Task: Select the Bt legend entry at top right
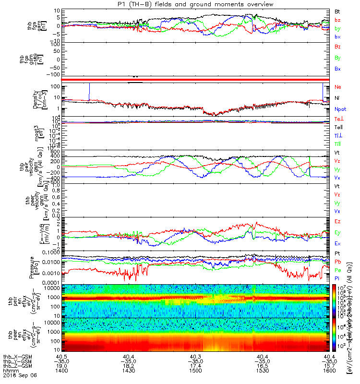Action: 337,11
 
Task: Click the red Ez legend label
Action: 337,222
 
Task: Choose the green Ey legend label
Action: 337,233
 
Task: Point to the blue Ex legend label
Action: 337,244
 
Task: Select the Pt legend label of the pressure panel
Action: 337,253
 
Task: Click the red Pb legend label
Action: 337,262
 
